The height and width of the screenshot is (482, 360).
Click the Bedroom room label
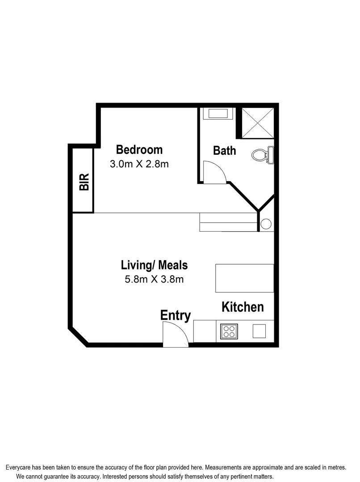[x=139, y=150]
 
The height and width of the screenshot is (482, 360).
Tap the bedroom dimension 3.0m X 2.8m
[x=139, y=164]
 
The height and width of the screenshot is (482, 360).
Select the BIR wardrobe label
[x=84, y=182]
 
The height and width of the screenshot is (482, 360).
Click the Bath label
[x=224, y=151]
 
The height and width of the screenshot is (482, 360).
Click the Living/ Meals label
[x=154, y=265]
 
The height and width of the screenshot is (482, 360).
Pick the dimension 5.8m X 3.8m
[x=154, y=280]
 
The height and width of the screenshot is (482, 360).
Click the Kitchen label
[x=243, y=307]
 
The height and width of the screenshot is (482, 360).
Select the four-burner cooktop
[x=229, y=331]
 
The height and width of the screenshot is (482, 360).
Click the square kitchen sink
[x=260, y=331]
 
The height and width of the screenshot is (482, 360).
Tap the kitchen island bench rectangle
[x=244, y=278]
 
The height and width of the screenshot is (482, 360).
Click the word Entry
[x=176, y=316]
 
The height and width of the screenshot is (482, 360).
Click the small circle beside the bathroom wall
[x=266, y=224]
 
